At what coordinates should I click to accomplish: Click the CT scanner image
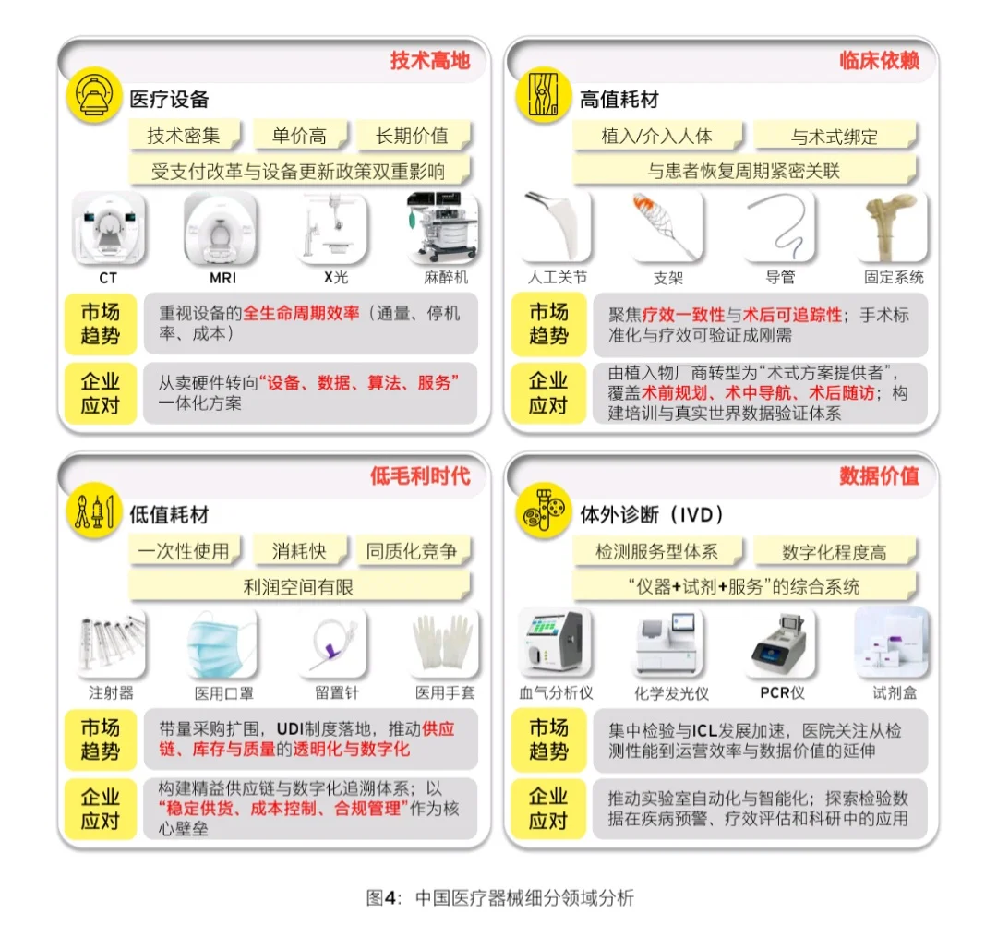[x=109, y=228]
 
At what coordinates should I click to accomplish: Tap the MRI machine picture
[x=220, y=228]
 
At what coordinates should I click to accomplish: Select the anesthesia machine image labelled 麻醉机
[x=443, y=228]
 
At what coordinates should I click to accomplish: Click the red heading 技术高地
[x=429, y=61]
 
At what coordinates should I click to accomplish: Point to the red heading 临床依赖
[x=879, y=61]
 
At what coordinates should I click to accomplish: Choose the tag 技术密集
[x=184, y=136]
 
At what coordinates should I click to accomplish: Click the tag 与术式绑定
[x=834, y=137]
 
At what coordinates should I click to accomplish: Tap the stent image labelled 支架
[x=668, y=228]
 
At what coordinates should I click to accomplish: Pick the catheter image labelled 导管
[x=780, y=228]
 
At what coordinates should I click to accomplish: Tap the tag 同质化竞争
[x=412, y=551]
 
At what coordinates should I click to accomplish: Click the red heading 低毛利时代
[x=420, y=476]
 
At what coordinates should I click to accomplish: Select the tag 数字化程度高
[x=834, y=552]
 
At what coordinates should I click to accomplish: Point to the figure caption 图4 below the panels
[x=499, y=897]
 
